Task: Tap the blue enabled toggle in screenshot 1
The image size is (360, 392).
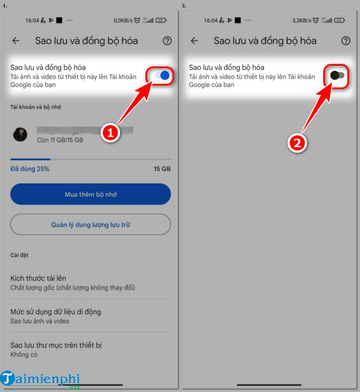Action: click(162, 75)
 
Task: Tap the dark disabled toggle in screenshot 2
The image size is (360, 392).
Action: click(337, 75)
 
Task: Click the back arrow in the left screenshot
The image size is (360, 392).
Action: click(16, 40)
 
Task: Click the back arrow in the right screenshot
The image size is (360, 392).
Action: click(194, 40)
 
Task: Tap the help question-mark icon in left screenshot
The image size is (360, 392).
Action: click(167, 40)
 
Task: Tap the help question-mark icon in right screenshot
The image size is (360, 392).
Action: click(346, 40)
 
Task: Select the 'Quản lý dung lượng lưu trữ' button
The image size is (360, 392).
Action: click(90, 224)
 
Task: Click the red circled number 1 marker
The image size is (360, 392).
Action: click(110, 133)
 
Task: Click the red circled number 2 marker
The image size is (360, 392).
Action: click(297, 144)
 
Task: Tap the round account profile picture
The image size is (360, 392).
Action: click(20, 134)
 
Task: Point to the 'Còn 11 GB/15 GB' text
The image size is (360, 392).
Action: click(60, 140)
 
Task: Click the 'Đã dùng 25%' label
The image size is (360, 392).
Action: click(30, 169)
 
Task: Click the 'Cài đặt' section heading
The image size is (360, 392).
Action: click(19, 255)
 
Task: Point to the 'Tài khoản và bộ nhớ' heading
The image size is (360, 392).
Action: click(36, 107)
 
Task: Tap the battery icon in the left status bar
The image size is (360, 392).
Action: click(161, 21)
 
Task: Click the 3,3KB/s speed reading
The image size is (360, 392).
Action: click(302, 21)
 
